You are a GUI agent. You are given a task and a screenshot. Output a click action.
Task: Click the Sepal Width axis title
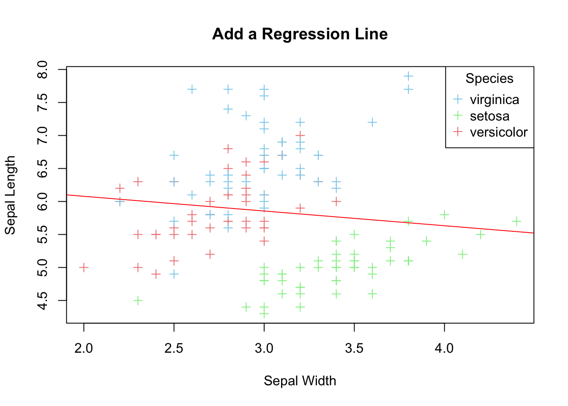300,381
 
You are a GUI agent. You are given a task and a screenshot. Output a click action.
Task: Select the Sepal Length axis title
10,195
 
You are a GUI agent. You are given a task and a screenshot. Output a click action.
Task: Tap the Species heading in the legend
489,79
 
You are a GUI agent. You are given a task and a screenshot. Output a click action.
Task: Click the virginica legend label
494,100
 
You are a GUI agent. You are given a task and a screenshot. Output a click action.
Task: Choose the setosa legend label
489,116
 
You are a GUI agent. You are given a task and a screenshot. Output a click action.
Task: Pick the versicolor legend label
498,132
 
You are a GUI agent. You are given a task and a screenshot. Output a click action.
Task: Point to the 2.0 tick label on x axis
84,348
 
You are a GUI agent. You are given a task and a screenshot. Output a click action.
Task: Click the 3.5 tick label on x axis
354,348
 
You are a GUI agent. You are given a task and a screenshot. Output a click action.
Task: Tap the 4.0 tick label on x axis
444,348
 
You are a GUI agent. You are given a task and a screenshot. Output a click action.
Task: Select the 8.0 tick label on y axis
43,69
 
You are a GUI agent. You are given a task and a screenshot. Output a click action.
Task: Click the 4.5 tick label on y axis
43,300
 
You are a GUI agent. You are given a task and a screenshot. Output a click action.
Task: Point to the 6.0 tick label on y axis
43,201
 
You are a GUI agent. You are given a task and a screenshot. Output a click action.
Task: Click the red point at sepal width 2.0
84,267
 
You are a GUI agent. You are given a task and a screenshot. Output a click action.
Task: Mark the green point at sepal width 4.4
516,221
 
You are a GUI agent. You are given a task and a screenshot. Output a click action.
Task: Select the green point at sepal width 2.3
138,300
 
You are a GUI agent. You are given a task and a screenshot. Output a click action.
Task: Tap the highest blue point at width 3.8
408,76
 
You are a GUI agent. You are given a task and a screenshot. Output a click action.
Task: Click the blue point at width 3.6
372,122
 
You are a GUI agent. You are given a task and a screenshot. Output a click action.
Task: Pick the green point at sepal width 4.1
462,254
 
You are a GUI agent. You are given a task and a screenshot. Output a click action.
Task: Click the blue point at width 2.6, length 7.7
192,89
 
